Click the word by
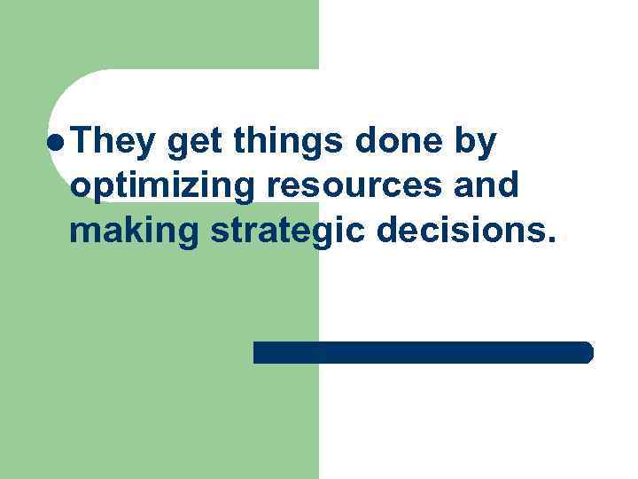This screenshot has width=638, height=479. pyautogui.click(x=478, y=144)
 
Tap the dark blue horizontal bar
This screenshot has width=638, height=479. pyautogui.click(x=423, y=352)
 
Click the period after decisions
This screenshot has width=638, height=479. pyautogui.click(x=554, y=239)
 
